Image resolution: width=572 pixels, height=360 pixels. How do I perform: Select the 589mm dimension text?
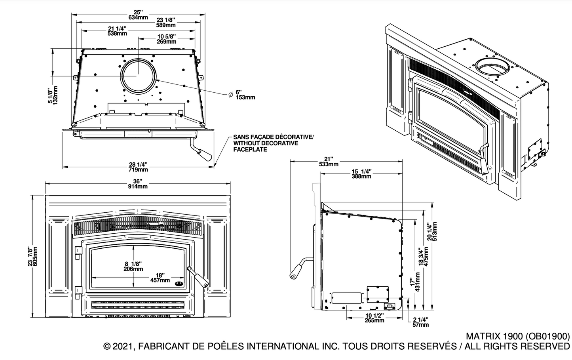click(166, 25)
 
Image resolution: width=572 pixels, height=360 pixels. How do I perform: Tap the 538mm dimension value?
click(117, 34)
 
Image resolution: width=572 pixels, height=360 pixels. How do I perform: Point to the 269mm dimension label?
click(166, 42)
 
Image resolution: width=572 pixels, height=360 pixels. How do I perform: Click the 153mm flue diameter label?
click(245, 97)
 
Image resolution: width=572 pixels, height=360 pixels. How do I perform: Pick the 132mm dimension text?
click(55, 95)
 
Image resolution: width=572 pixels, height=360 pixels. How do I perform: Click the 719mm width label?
click(139, 170)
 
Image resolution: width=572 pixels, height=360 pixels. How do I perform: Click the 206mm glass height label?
click(133, 269)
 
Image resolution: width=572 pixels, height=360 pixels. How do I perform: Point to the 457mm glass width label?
click(160, 280)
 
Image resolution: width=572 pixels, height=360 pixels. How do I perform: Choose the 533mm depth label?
click(329, 164)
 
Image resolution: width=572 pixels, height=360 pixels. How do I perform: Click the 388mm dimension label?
click(361, 176)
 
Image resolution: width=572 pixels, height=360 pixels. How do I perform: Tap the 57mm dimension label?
click(420, 325)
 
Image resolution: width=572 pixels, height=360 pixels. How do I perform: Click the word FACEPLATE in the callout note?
click(250, 149)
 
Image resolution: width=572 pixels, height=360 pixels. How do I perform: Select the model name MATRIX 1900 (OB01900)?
click(517, 337)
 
